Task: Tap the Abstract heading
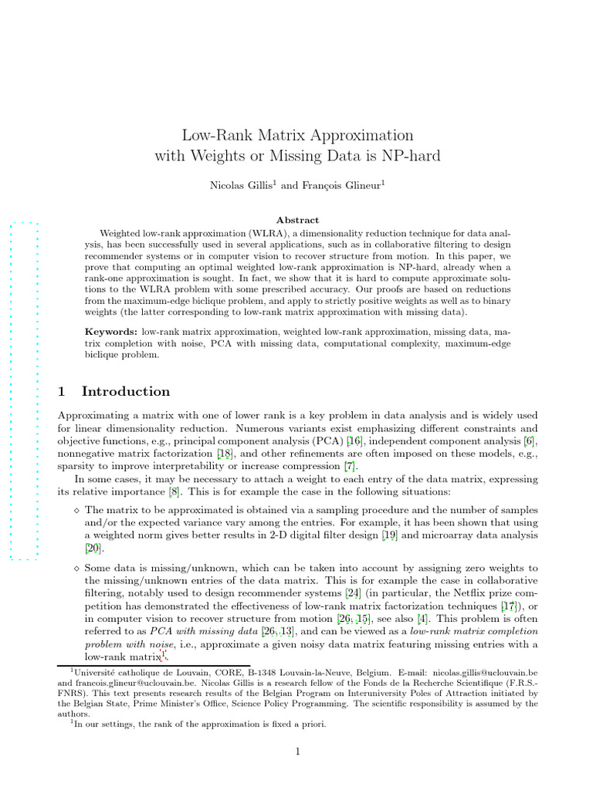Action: pyautogui.click(x=297, y=220)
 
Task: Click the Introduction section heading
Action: pyautogui.click(x=125, y=391)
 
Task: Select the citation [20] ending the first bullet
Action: pyautogui.click(x=93, y=548)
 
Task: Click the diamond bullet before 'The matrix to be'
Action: pyautogui.click(x=76, y=510)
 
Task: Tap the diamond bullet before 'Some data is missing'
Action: pyautogui.click(x=76, y=568)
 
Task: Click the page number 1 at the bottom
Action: pyautogui.click(x=297, y=752)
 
